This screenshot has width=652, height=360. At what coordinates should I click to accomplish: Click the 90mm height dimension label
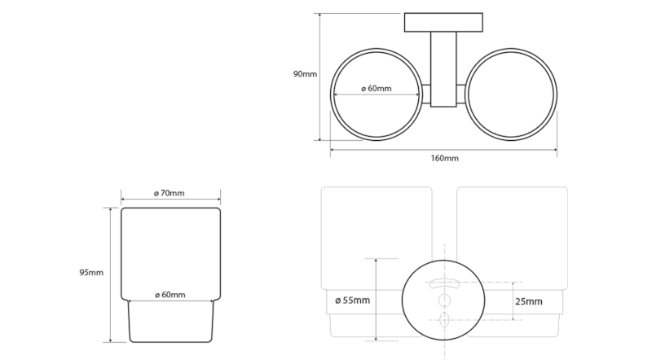coord(304,75)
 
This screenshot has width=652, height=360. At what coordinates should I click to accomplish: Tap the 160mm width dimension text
coord(443,157)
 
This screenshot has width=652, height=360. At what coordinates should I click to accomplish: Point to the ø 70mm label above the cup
coord(170,193)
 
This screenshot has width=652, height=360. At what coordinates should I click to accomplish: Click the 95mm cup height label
coord(92,272)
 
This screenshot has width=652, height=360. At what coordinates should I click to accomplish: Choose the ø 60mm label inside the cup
coord(170,293)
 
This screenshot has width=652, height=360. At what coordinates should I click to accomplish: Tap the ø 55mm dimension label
coord(352,301)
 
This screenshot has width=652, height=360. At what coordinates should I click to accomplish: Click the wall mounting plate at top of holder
coord(443,22)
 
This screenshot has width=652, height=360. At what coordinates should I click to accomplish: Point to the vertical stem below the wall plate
coord(443,69)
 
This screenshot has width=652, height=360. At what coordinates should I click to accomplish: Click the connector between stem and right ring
coord(461,96)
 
